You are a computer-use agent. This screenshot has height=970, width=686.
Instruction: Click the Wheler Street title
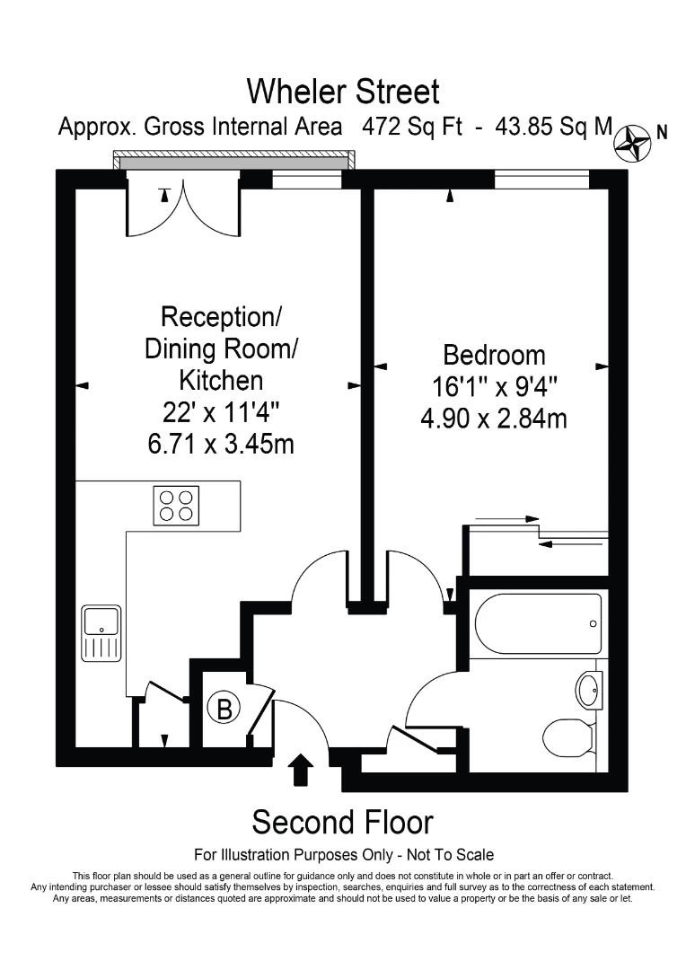(343, 91)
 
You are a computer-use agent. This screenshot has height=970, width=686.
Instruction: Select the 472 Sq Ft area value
(412, 127)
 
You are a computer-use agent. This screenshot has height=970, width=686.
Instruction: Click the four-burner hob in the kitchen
(176, 503)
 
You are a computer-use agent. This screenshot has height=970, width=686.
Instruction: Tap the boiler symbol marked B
(224, 709)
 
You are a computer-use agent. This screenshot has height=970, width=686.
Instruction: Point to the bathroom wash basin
(590, 690)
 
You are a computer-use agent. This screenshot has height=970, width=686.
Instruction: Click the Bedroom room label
(494, 354)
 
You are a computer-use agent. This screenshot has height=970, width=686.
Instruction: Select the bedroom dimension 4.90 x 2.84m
(494, 418)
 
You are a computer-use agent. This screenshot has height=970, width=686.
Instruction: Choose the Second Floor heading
(342, 822)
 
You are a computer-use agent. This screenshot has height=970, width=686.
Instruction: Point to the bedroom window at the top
(541, 180)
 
